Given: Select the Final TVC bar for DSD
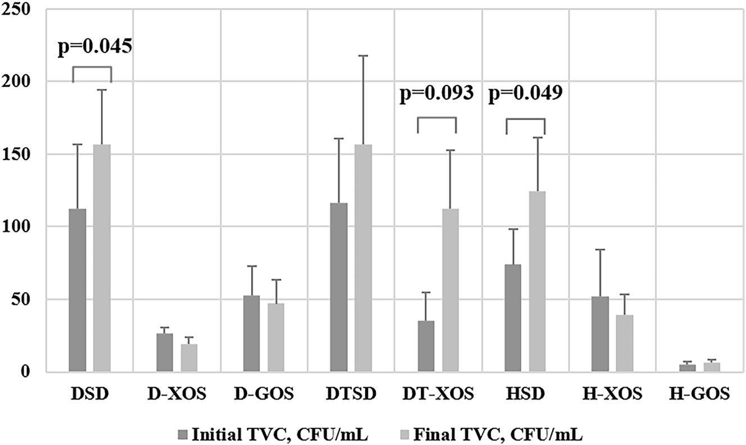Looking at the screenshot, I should point(102,258).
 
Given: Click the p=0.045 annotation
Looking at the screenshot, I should point(95,47).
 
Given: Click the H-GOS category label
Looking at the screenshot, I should point(699,394).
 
